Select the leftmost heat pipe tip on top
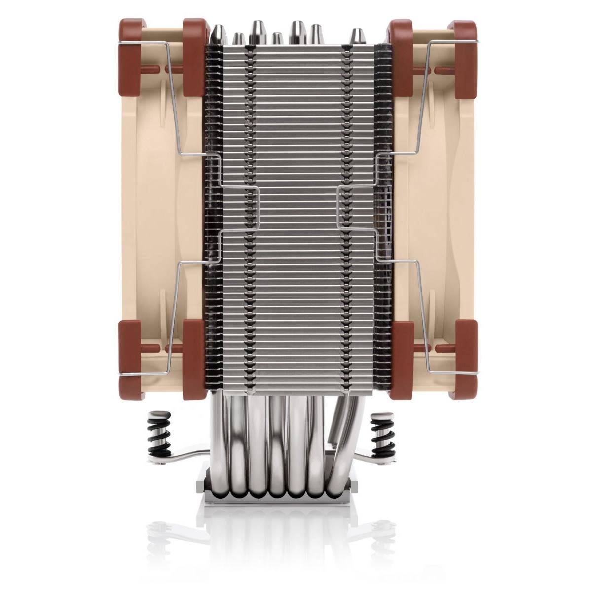[218, 35]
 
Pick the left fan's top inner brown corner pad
[194, 57]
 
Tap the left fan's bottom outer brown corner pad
[131, 358]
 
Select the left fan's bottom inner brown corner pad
[194, 358]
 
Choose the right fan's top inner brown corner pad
[401, 57]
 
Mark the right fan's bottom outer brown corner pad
[465, 358]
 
